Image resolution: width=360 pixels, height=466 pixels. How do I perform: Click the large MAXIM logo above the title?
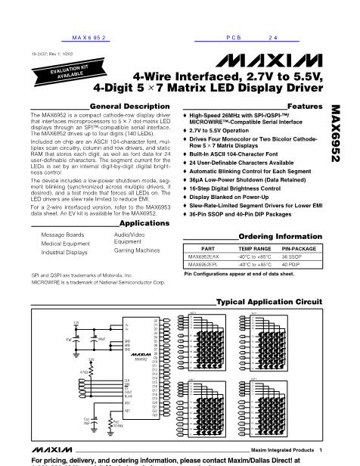[x=281, y=60]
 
